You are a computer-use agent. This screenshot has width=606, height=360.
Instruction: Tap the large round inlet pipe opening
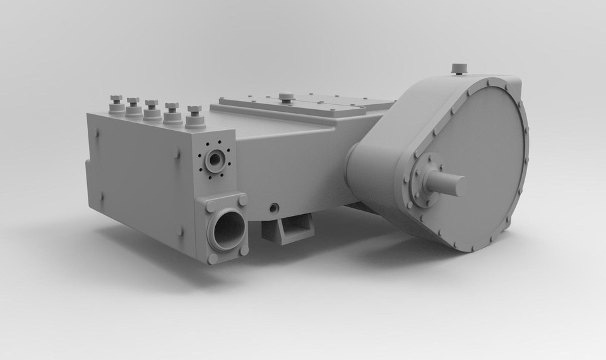pyautogui.click(x=228, y=230)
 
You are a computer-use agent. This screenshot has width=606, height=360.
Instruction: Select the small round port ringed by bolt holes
pyautogui.click(x=215, y=160)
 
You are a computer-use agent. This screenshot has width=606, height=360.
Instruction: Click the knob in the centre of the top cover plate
pyautogui.click(x=286, y=97)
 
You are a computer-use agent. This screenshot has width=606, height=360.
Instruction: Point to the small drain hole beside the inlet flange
pyautogui.click(x=273, y=208)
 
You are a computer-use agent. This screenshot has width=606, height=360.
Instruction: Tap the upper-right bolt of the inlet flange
pyautogui.click(x=242, y=201)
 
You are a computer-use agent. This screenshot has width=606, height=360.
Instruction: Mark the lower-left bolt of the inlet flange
pyautogui.click(x=213, y=258)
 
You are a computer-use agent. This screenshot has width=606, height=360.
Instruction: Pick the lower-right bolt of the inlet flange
pyautogui.click(x=244, y=250)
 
